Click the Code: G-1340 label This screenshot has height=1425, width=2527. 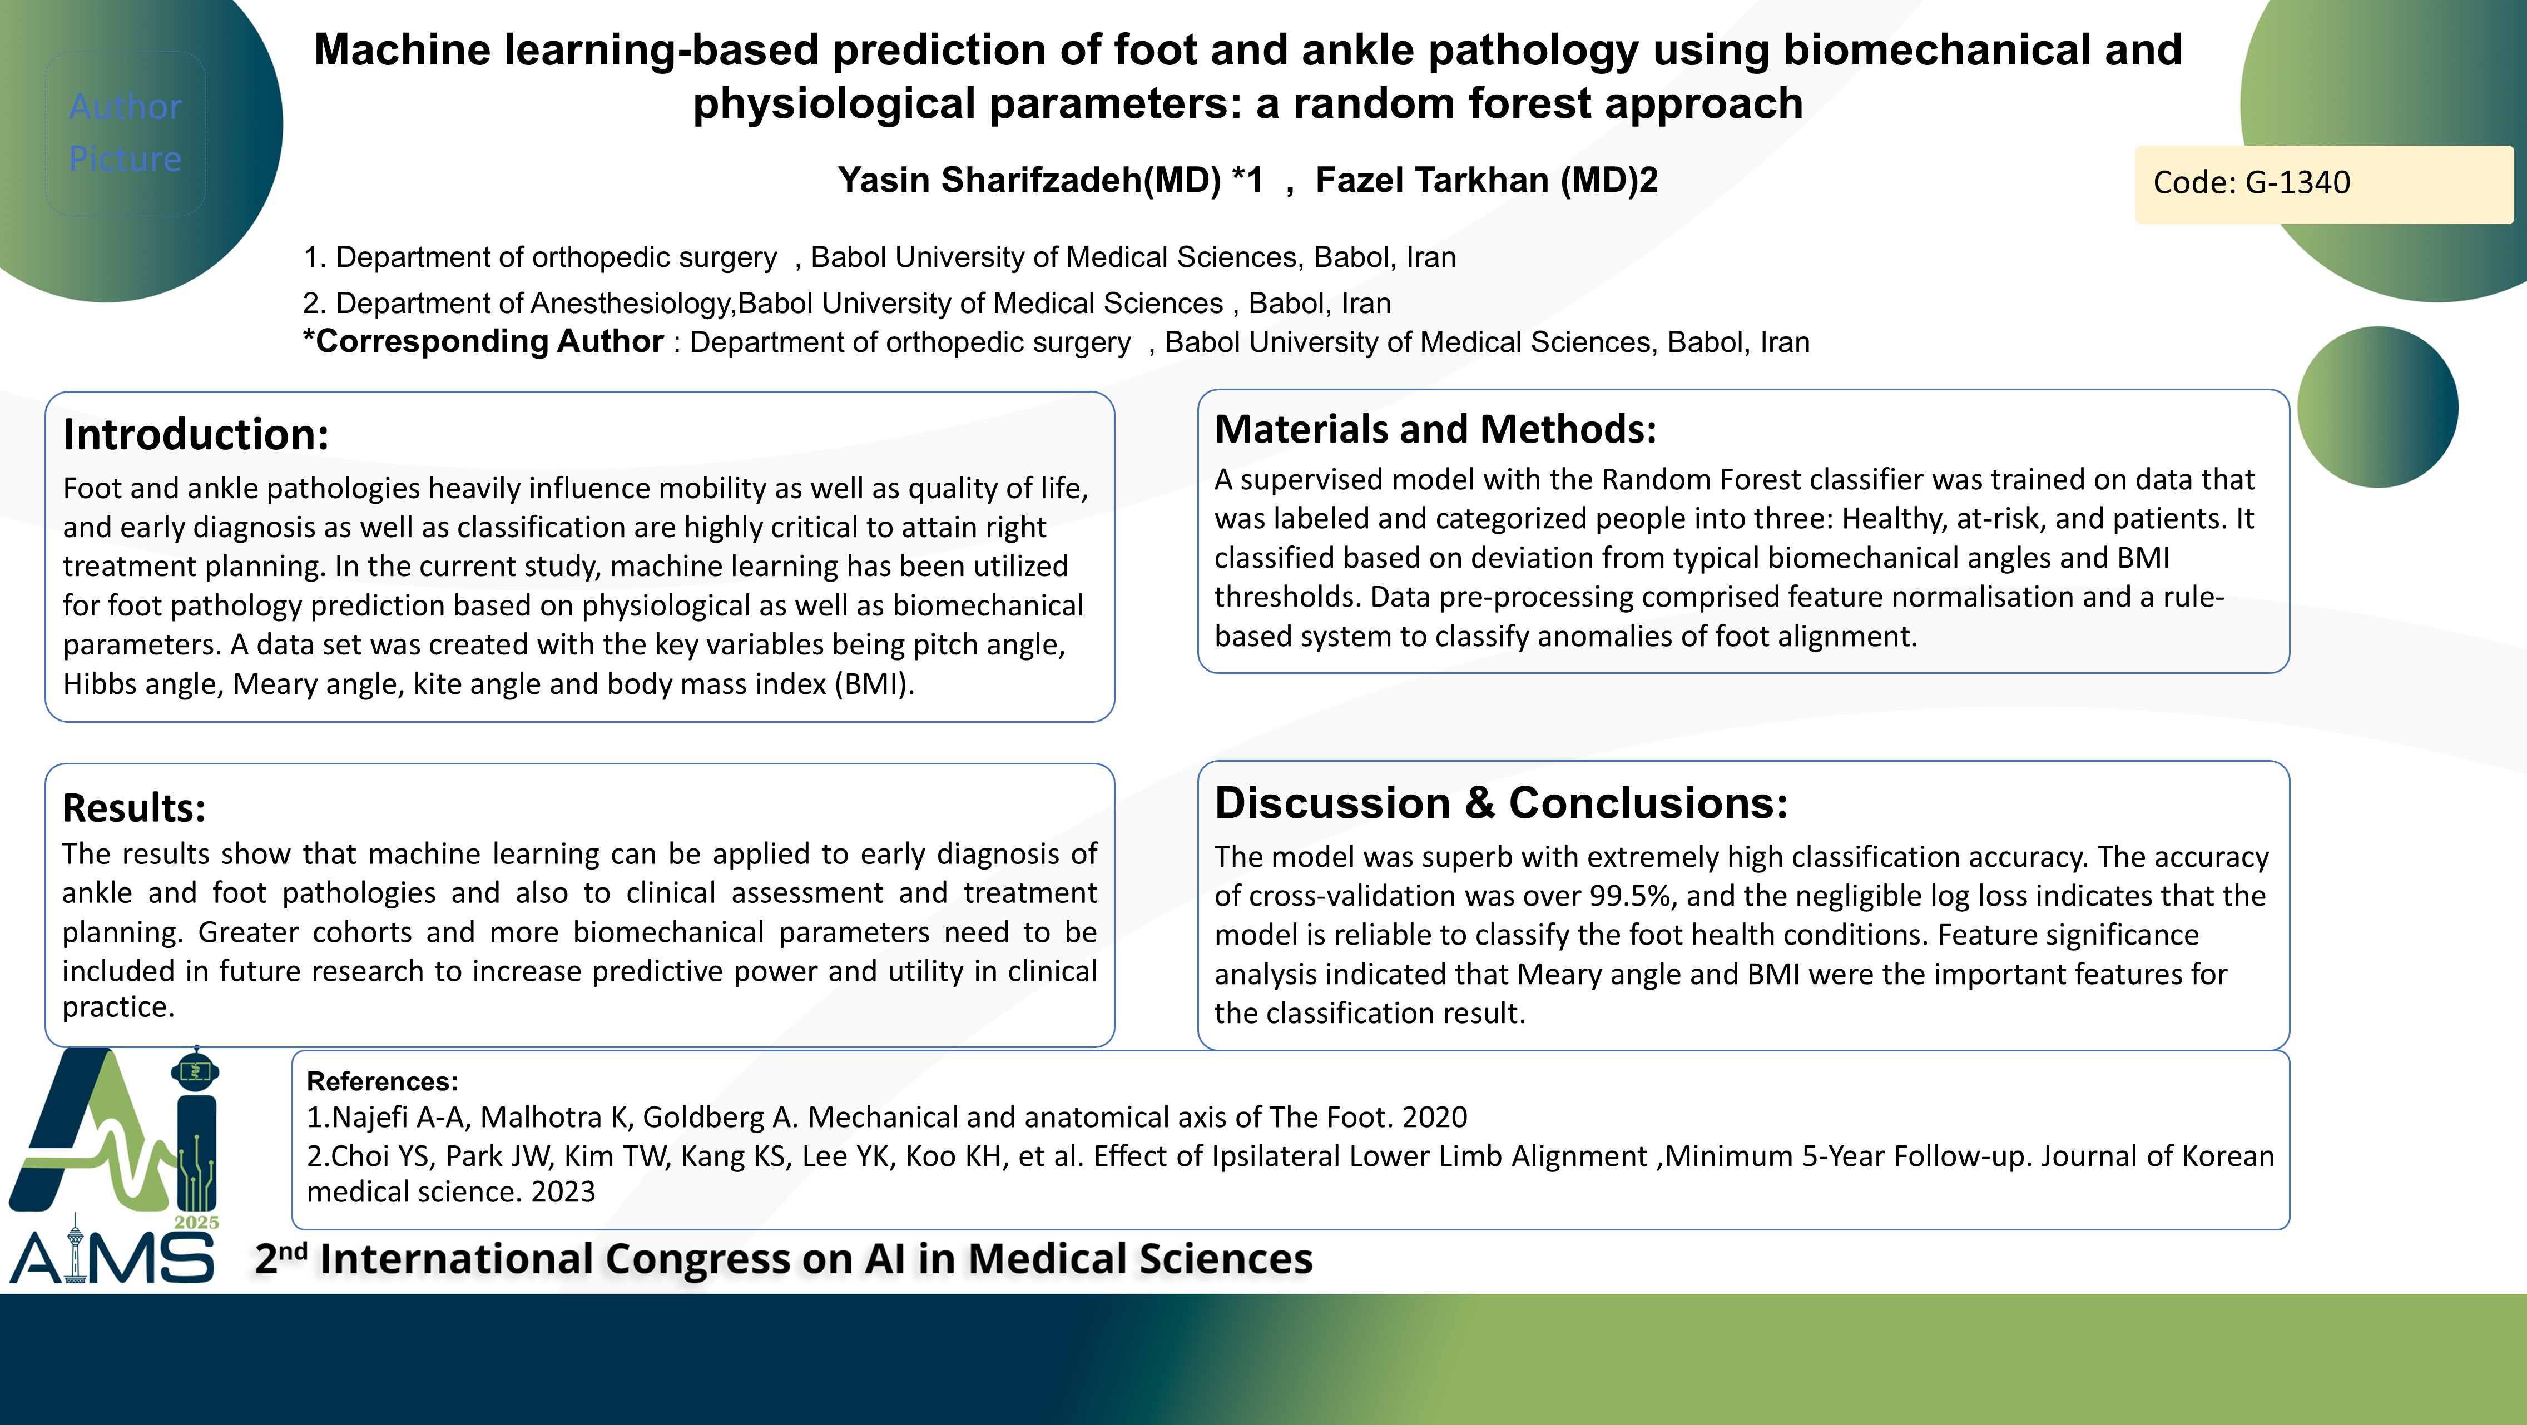coord(2251,182)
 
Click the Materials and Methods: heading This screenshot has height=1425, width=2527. coord(1435,430)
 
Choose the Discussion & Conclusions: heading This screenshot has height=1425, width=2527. coord(1501,803)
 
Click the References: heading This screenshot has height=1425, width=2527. coord(383,1081)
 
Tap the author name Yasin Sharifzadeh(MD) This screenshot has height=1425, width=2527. coord(1029,181)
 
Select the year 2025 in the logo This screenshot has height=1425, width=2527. coord(196,1222)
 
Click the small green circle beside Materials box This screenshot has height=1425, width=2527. coord(2378,407)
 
